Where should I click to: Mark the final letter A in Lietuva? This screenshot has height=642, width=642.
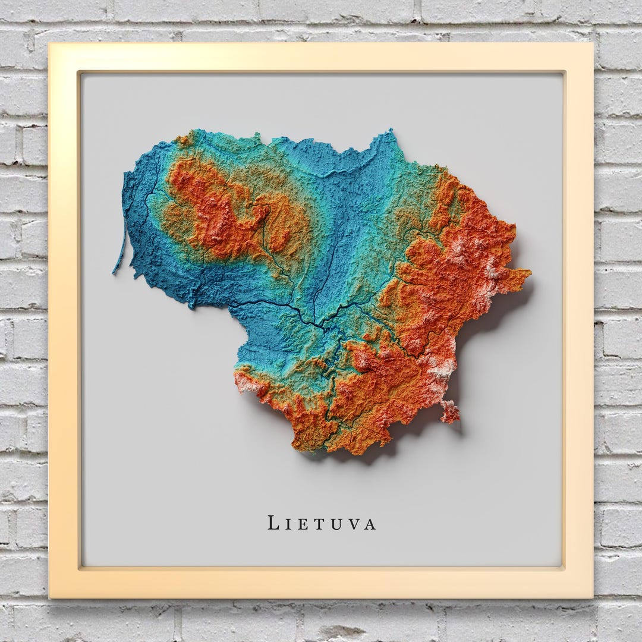pos(370,524)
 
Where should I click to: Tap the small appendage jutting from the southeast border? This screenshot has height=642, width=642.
pos(450,411)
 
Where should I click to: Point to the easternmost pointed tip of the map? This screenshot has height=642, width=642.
pos(528,273)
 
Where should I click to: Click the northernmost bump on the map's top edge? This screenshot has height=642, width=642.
pos(389,132)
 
